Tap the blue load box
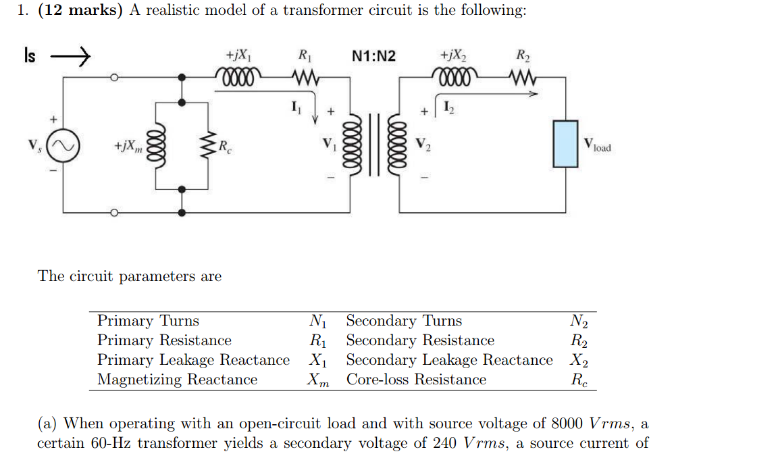pos(565,144)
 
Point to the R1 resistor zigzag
pos(305,76)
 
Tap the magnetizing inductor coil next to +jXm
pos(156,147)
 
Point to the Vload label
pos(597,145)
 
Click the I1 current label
pos(295,106)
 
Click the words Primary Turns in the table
pos(148,321)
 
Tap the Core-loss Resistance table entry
pos(416,380)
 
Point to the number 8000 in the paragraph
pos(567,424)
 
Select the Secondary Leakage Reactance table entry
pos(449,360)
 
